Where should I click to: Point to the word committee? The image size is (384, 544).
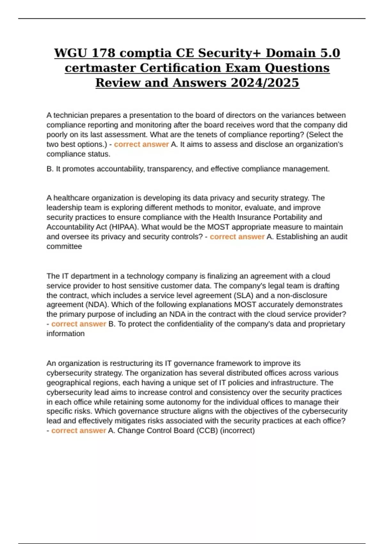coord(64,246)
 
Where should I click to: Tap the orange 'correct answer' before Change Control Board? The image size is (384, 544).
coord(78,431)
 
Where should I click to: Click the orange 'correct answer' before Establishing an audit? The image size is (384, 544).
coord(237,237)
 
